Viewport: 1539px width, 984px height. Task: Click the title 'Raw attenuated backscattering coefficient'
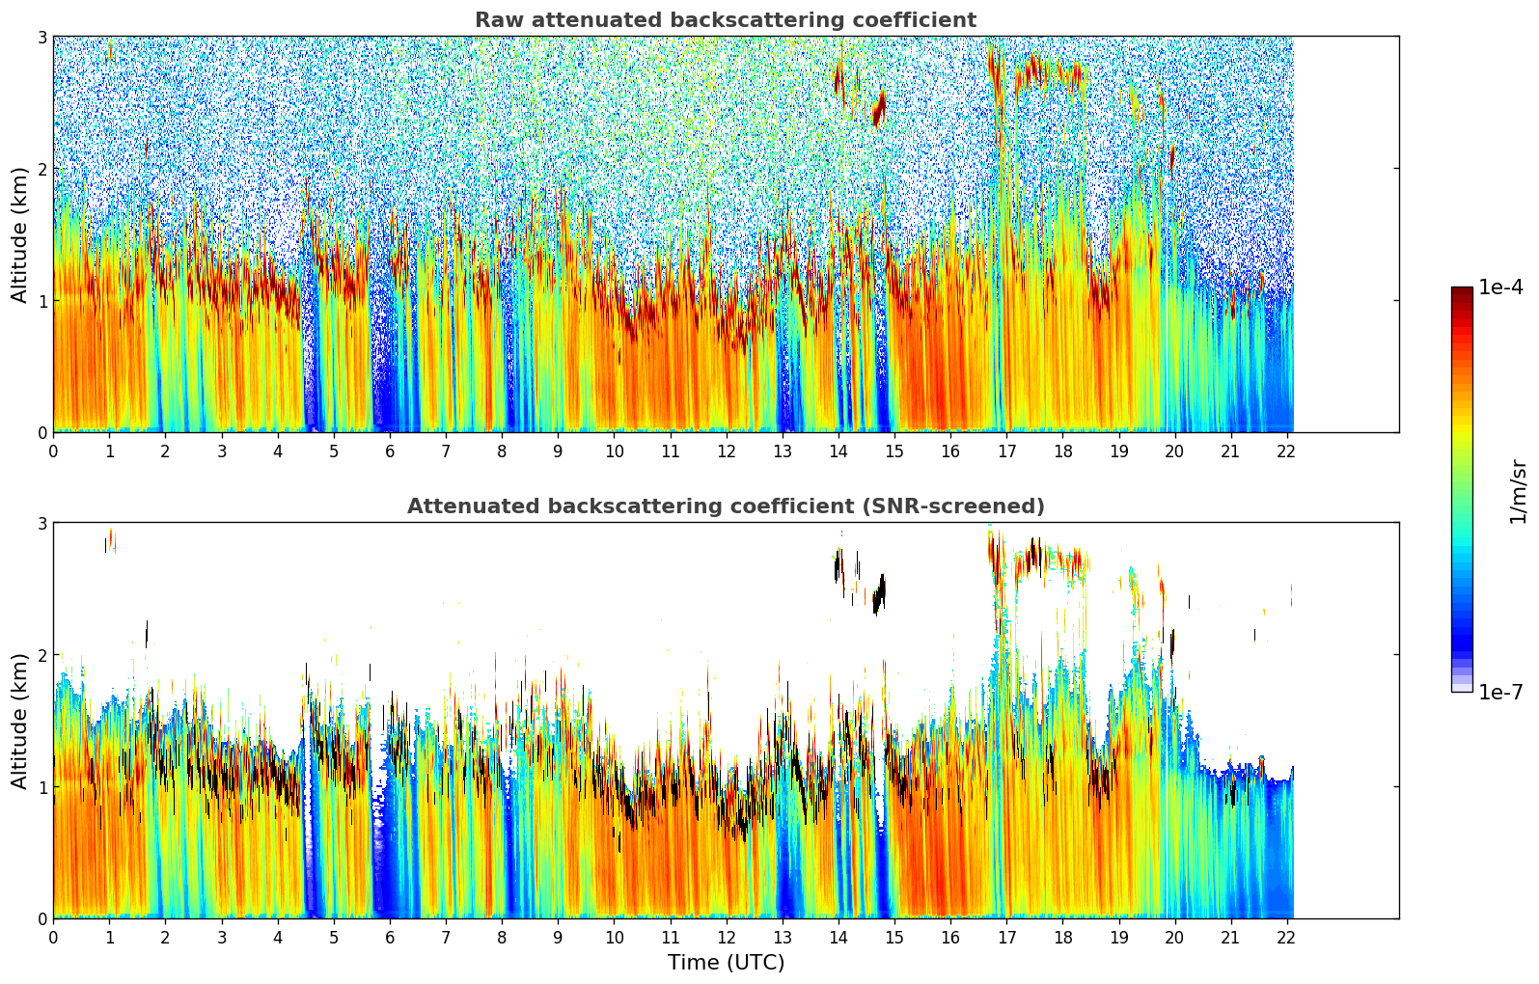click(x=725, y=20)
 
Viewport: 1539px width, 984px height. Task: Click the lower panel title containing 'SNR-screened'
click(x=725, y=506)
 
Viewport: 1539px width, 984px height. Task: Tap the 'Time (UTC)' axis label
click(x=726, y=963)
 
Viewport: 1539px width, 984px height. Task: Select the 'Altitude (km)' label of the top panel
click(x=19, y=234)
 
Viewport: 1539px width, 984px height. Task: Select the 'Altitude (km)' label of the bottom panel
click(x=19, y=721)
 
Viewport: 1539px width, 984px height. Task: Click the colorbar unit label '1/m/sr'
click(x=1518, y=491)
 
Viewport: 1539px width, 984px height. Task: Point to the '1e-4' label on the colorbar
click(x=1500, y=287)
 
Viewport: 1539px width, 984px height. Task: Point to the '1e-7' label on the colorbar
click(x=1500, y=692)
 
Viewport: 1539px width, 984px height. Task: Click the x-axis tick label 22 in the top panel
click(x=1286, y=451)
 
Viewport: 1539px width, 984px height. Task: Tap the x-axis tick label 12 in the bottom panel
click(x=726, y=938)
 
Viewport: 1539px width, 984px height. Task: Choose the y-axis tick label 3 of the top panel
click(x=41, y=37)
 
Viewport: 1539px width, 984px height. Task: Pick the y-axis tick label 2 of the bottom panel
click(x=41, y=655)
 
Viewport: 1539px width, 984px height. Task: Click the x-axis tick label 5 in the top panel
click(x=334, y=451)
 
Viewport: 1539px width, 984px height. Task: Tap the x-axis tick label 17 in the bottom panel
click(x=1006, y=938)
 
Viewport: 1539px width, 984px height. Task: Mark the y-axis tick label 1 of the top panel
click(x=41, y=301)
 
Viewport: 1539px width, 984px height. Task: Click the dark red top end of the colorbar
click(x=1461, y=291)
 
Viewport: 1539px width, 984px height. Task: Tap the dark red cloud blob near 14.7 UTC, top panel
click(x=879, y=109)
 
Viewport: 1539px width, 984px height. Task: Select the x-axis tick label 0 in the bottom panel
click(x=53, y=938)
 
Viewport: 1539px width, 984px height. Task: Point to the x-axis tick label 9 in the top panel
click(x=558, y=451)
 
